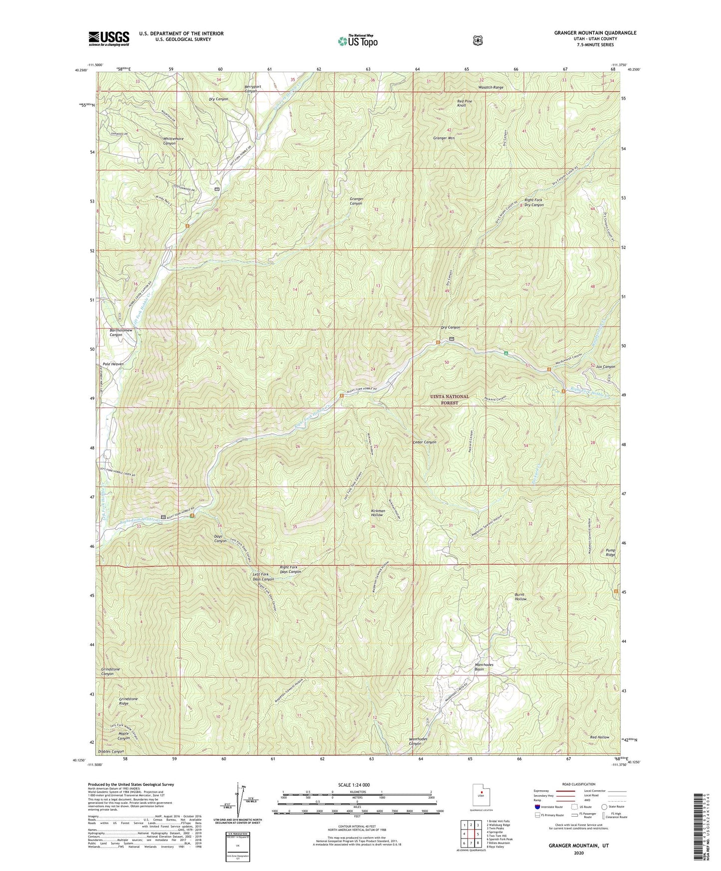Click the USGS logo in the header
click(x=109, y=38)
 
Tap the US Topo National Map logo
click(x=357, y=41)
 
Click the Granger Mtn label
click(x=444, y=138)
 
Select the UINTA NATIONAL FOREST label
click(x=450, y=400)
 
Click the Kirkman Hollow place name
click(x=377, y=512)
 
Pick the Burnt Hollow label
click(x=520, y=597)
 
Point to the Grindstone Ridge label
click(x=128, y=701)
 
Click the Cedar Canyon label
click(x=425, y=442)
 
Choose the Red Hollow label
click(x=599, y=737)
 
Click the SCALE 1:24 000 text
click(x=354, y=785)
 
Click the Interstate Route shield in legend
click(x=537, y=807)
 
